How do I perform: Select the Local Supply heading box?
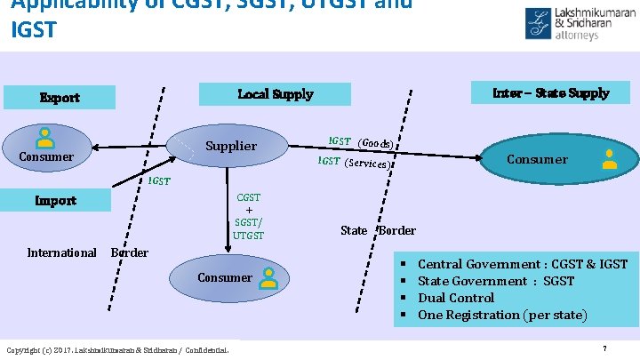[x=275, y=93]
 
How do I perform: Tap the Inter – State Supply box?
[x=551, y=92]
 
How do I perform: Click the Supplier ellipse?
[x=230, y=146]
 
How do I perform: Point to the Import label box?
[x=55, y=200]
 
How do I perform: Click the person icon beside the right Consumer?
[x=610, y=159]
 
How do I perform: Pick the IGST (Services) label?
[x=353, y=163]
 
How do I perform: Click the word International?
[x=61, y=252]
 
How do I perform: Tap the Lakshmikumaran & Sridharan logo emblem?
[x=538, y=23]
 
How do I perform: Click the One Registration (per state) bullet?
[x=502, y=315]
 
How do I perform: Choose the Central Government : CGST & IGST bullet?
[x=522, y=264]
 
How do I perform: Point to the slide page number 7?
[x=604, y=348]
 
